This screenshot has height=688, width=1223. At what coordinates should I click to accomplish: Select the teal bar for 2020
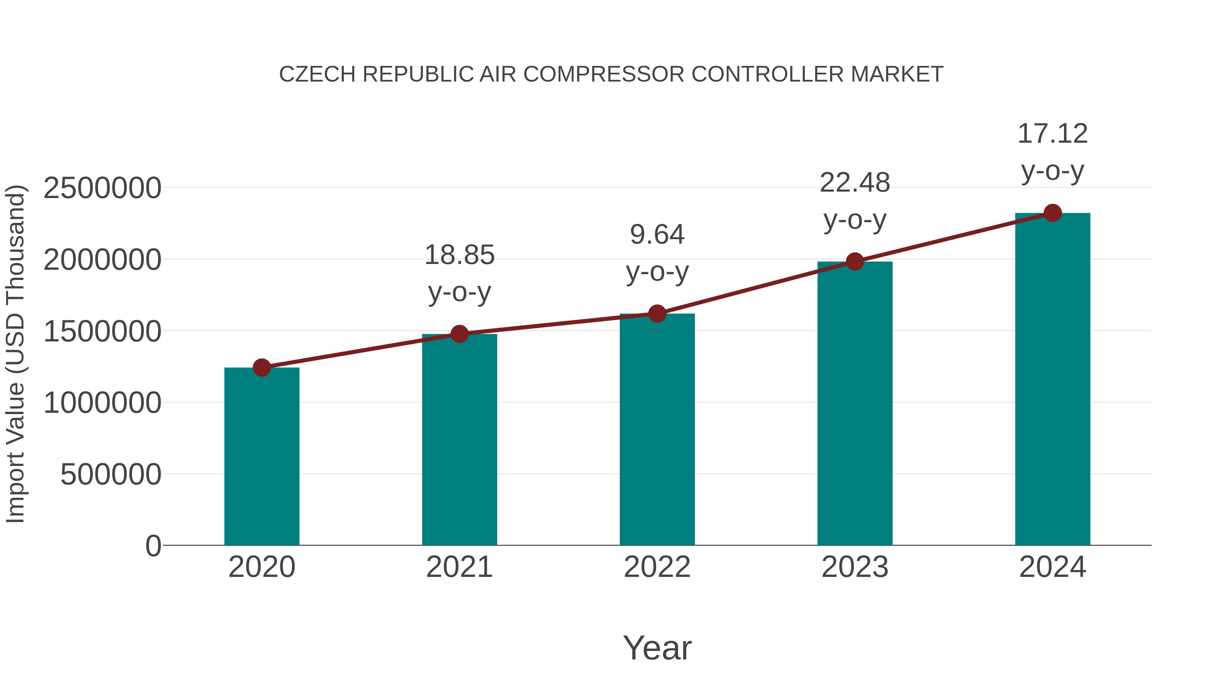click(x=262, y=456)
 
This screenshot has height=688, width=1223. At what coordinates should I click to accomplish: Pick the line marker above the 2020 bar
click(x=262, y=368)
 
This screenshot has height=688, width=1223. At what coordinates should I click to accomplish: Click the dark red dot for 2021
click(x=459, y=334)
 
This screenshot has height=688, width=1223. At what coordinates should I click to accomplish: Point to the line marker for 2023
click(x=855, y=261)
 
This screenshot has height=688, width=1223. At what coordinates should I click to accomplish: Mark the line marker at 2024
click(x=1052, y=213)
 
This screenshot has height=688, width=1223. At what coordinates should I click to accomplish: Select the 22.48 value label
click(x=855, y=183)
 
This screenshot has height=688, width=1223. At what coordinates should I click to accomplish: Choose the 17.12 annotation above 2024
click(x=1052, y=134)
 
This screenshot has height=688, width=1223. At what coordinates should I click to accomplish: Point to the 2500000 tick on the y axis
click(x=102, y=188)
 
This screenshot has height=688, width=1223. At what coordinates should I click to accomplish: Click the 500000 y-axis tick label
click(x=111, y=474)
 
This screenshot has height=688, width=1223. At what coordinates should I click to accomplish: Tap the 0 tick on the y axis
click(x=153, y=546)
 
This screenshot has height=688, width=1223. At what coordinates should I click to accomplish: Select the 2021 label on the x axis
click(x=459, y=567)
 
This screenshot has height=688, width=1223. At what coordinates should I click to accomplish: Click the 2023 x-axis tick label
click(x=855, y=567)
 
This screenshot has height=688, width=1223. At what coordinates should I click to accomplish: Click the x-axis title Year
click(x=657, y=648)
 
